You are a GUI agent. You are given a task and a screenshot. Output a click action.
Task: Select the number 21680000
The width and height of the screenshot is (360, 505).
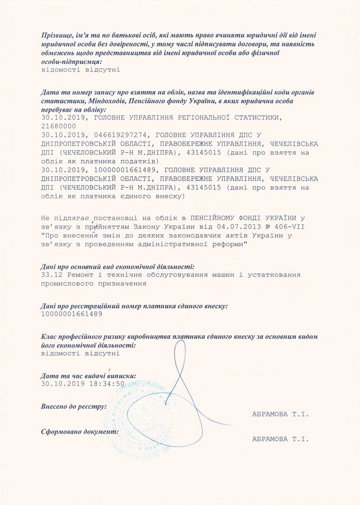58,126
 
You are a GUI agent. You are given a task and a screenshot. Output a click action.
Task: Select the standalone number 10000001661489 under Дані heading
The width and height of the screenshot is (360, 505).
71,314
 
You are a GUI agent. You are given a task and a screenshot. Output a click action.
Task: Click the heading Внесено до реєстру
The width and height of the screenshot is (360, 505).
74,406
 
